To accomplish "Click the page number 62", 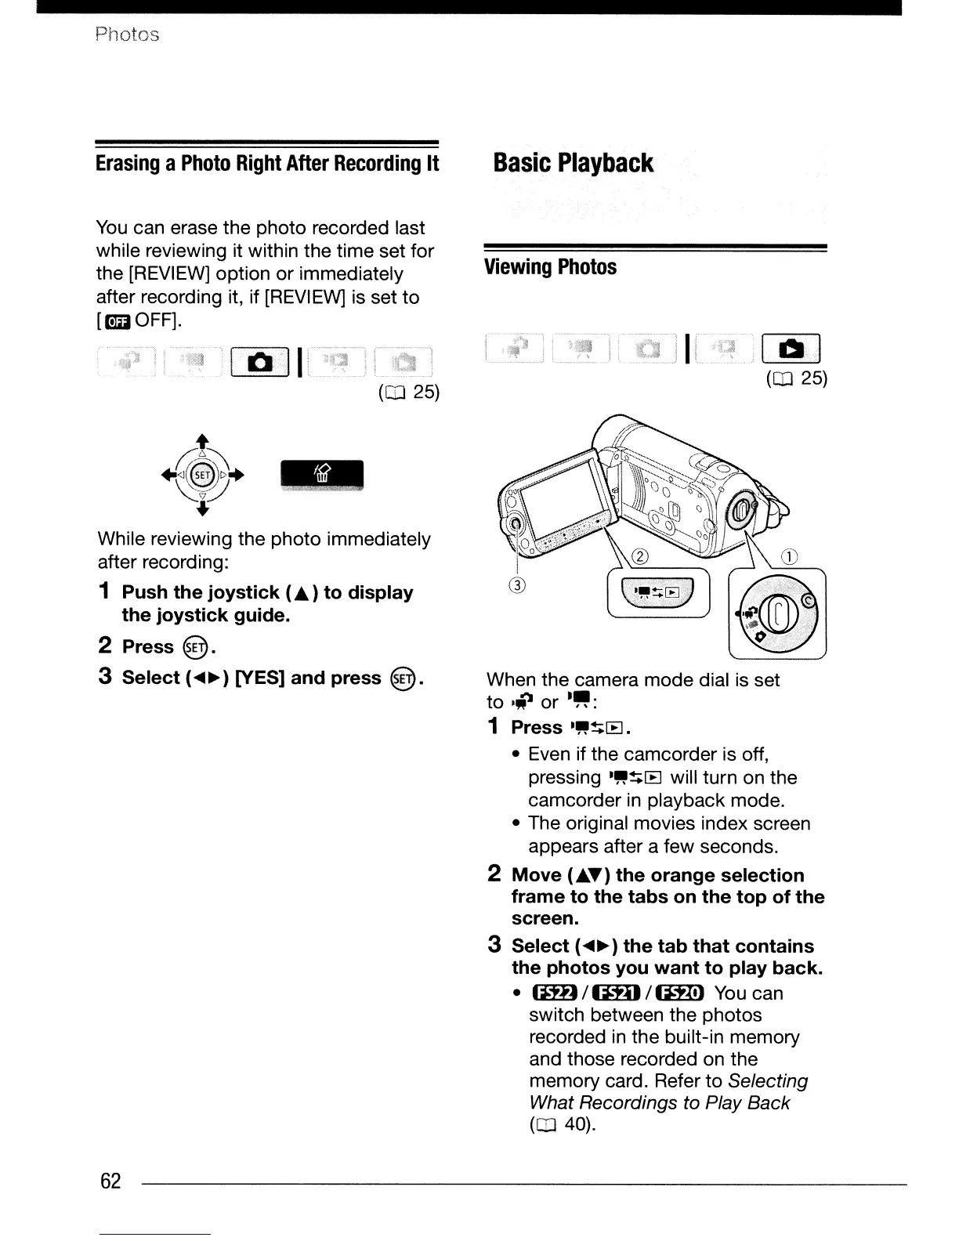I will pyautogui.click(x=110, y=1181).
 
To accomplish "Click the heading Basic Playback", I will pyautogui.click(x=573, y=163).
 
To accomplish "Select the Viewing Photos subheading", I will pyautogui.click(x=551, y=267).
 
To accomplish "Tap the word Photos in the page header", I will pyautogui.click(x=127, y=34).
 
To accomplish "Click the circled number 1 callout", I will pyautogui.click(x=790, y=558).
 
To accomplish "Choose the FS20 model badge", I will pyautogui.click(x=681, y=993).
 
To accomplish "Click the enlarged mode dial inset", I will pyautogui.click(x=776, y=613).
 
